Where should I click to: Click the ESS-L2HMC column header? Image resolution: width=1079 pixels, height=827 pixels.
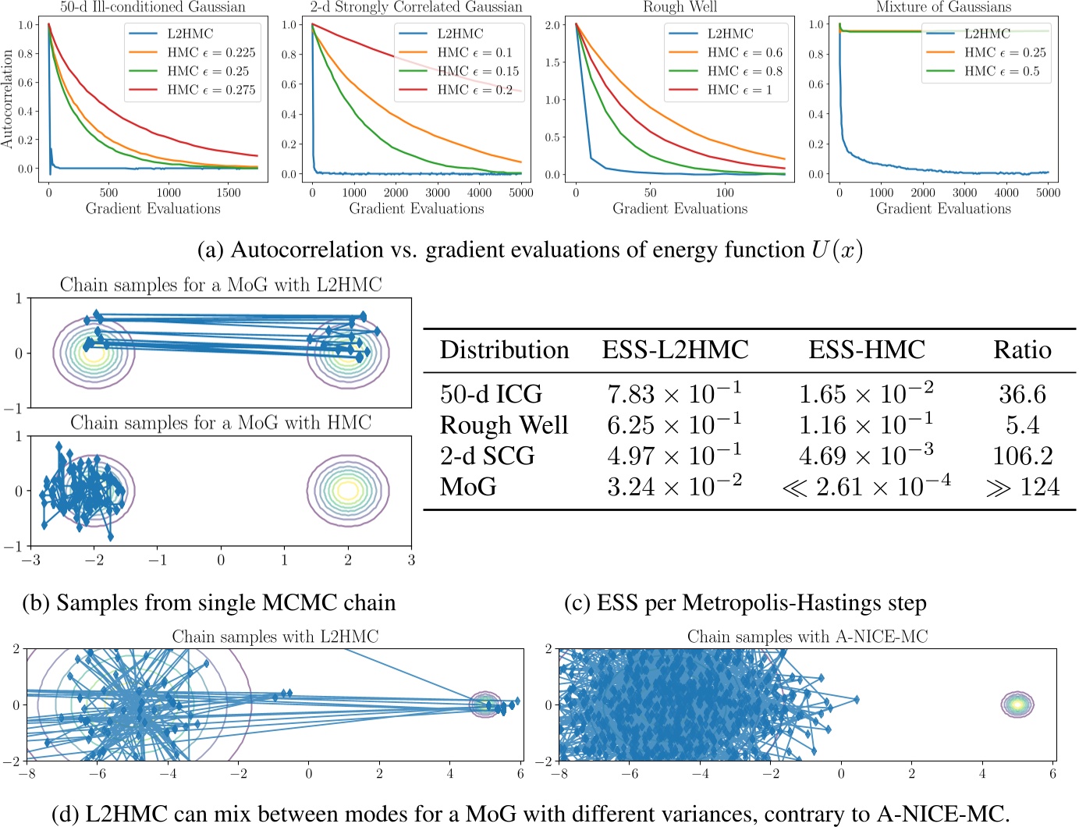[675, 350]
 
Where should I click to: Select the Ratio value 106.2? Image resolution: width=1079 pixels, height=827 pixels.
[1022, 456]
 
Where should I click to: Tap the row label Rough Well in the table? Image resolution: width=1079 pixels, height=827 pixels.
[504, 425]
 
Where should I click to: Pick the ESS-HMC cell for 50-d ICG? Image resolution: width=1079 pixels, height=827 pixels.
[866, 393]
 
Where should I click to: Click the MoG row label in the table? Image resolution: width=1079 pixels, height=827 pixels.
[468, 487]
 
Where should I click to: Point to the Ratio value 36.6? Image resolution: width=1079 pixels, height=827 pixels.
[1022, 394]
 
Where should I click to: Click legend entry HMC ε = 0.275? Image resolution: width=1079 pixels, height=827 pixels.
[211, 90]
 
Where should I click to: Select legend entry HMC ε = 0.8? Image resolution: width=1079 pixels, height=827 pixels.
[744, 71]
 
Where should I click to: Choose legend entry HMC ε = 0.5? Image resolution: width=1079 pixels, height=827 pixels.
[1002, 71]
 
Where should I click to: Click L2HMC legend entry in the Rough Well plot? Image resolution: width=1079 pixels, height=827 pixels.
[730, 34]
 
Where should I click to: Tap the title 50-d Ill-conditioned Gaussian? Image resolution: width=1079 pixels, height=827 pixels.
[153, 7]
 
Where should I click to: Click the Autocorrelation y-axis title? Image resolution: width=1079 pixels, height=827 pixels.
[8, 99]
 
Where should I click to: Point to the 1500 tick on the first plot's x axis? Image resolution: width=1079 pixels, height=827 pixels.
[229, 193]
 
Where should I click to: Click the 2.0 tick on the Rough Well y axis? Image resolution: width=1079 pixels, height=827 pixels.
[552, 25]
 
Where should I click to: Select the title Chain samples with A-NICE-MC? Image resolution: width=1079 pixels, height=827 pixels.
[807, 637]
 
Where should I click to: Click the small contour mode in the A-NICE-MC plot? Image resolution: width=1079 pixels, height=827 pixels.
[1017, 705]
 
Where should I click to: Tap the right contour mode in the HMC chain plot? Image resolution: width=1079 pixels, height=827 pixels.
[348, 491]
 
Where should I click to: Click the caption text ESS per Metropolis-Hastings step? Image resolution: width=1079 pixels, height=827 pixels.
[745, 603]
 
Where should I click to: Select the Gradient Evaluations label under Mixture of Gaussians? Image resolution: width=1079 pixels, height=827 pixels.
[943, 208]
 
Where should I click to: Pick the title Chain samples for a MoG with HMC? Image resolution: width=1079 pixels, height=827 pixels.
[221, 423]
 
